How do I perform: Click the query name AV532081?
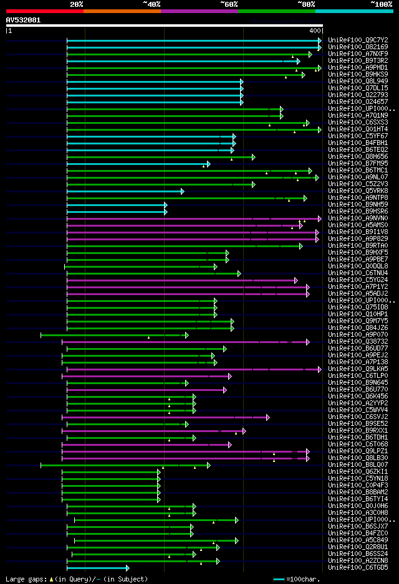[23, 20]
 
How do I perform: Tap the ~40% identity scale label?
[151, 4]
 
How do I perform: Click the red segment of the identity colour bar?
[44, 11]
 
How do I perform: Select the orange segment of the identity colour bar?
[122, 11]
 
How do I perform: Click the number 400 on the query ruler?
[315, 31]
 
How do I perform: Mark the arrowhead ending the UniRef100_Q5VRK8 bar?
[183, 191]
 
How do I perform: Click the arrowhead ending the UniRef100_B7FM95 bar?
[209, 164]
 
